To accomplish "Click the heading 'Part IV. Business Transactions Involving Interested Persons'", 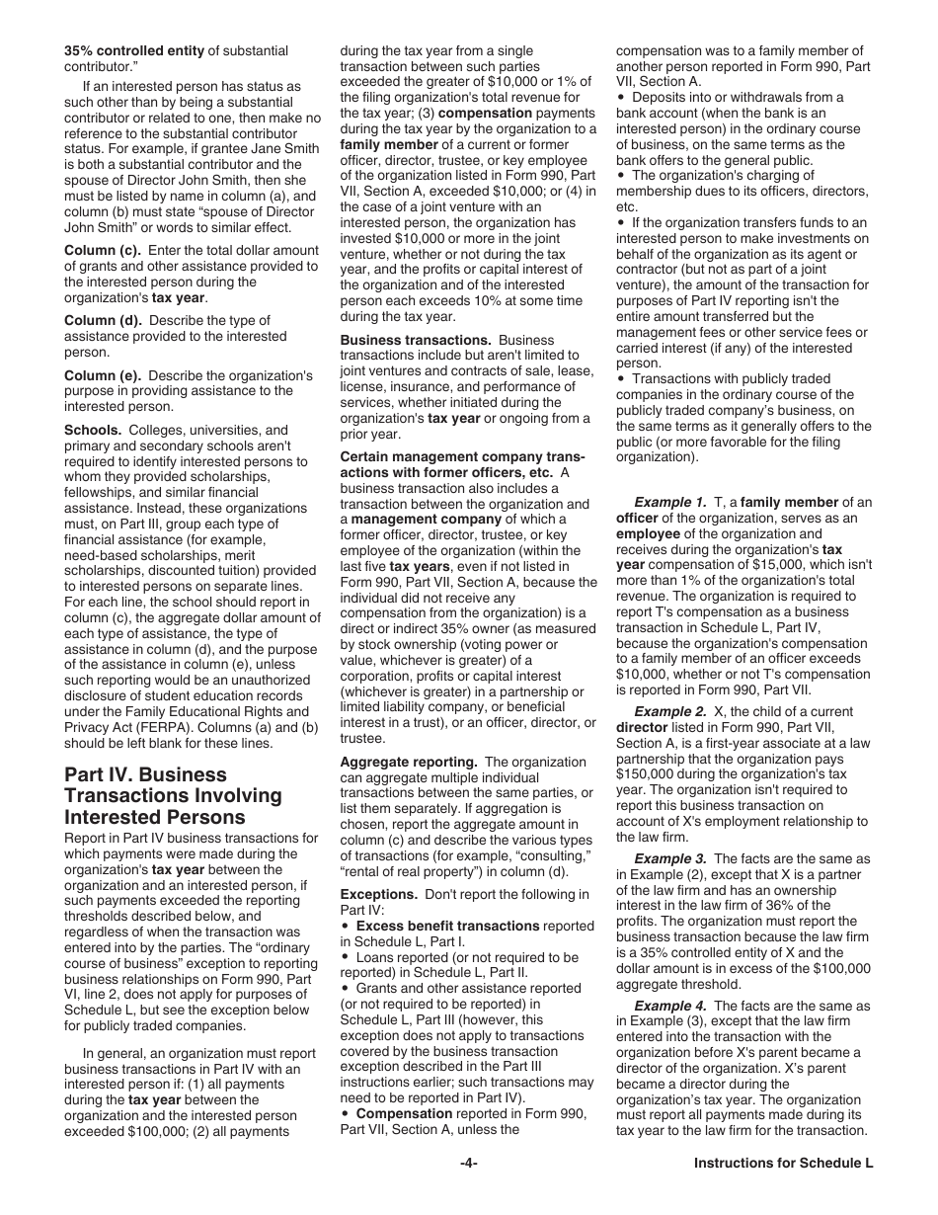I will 173,795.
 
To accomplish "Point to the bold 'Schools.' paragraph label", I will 93,431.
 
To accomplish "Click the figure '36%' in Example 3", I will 777,906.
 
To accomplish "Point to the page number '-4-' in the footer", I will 469,1163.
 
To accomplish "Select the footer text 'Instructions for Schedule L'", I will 783,1163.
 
